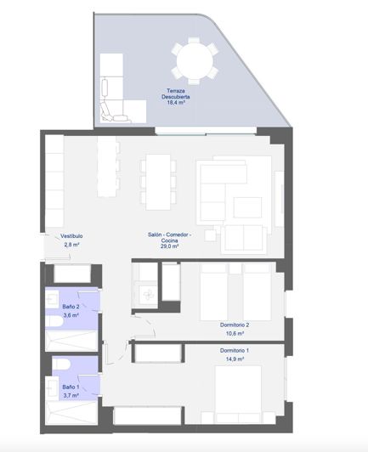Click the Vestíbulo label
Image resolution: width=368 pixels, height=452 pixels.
point(71,236)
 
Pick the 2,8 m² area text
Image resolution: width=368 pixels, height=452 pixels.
point(71,245)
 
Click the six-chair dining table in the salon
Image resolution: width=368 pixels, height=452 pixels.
point(156,179)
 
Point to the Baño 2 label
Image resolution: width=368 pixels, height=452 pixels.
point(71,307)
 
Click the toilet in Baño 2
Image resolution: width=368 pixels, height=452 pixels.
point(57,320)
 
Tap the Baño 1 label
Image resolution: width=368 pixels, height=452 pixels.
point(71,387)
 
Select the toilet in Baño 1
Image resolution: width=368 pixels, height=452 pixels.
point(60,365)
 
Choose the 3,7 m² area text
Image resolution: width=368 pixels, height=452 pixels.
point(71,395)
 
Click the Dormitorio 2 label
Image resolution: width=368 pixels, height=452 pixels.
point(234,325)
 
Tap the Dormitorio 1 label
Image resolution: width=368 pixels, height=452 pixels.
point(234,350)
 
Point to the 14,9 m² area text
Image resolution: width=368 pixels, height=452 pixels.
point(235,359)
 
